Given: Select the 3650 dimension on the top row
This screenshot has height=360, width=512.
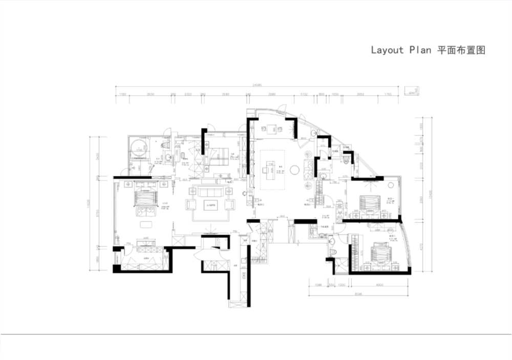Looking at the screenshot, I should (151, 94).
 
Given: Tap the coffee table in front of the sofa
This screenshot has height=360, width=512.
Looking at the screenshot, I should (210, 205).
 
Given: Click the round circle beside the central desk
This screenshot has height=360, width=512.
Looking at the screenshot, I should (294, 170).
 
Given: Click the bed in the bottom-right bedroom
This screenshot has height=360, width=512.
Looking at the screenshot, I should (381, 253).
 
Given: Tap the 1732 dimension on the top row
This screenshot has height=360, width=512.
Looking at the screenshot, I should (304, 94).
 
